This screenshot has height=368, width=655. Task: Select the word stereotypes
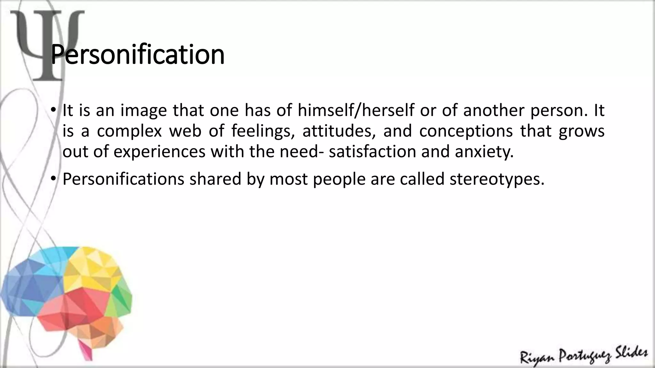(x=497, y=179)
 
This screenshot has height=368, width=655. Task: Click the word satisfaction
(x=372, y=151)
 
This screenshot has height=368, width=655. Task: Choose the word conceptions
(x=466, y=131)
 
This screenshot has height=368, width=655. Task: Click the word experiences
(x=159, y=151)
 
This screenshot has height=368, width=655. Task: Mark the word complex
(x=129, y=131)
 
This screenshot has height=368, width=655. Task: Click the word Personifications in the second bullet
(x=123, y=179)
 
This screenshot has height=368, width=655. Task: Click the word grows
(x=581, y=131)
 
